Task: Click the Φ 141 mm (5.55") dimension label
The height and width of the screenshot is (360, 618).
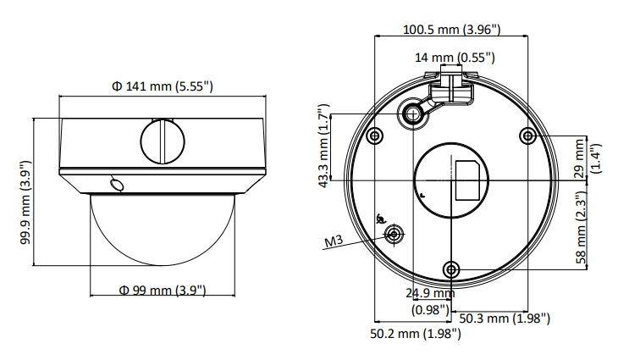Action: pos(163,86)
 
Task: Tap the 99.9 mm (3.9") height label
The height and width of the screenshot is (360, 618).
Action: pos(25,202)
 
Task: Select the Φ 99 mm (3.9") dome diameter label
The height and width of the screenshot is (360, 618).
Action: pos(163,291)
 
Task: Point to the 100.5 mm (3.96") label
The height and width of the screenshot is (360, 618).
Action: pos(452,29)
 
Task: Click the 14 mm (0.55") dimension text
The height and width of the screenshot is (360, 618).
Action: pos(455,58)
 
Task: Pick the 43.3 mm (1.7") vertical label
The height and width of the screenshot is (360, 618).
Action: pos(323,146)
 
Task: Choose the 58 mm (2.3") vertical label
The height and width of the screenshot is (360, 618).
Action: pos(586,229)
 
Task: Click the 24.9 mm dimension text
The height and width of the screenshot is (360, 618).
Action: pos(430,293)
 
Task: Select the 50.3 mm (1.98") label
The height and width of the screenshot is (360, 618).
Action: pos(505,318)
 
